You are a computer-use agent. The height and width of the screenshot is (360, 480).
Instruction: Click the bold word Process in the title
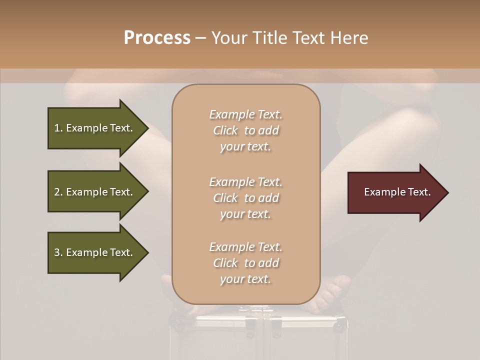[157, 38]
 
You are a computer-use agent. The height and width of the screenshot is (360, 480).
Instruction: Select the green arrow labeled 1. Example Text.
[95, 128]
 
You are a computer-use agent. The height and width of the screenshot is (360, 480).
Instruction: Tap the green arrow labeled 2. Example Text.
[95, 192]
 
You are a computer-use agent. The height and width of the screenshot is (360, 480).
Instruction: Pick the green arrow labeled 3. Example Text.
[95, 252]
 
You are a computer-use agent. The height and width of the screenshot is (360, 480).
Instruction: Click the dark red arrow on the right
[395, 192]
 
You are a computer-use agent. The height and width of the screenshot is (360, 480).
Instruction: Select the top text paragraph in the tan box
[245, 130]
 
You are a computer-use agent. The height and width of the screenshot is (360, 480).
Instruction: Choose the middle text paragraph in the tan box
[245, 198]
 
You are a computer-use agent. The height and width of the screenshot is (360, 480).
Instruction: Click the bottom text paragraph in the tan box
[245, 263]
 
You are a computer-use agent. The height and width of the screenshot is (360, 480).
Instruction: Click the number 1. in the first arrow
[58, 128]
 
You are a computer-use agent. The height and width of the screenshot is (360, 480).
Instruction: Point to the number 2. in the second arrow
[58, 192]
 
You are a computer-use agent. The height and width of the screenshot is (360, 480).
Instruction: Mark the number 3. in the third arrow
[58, 252]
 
